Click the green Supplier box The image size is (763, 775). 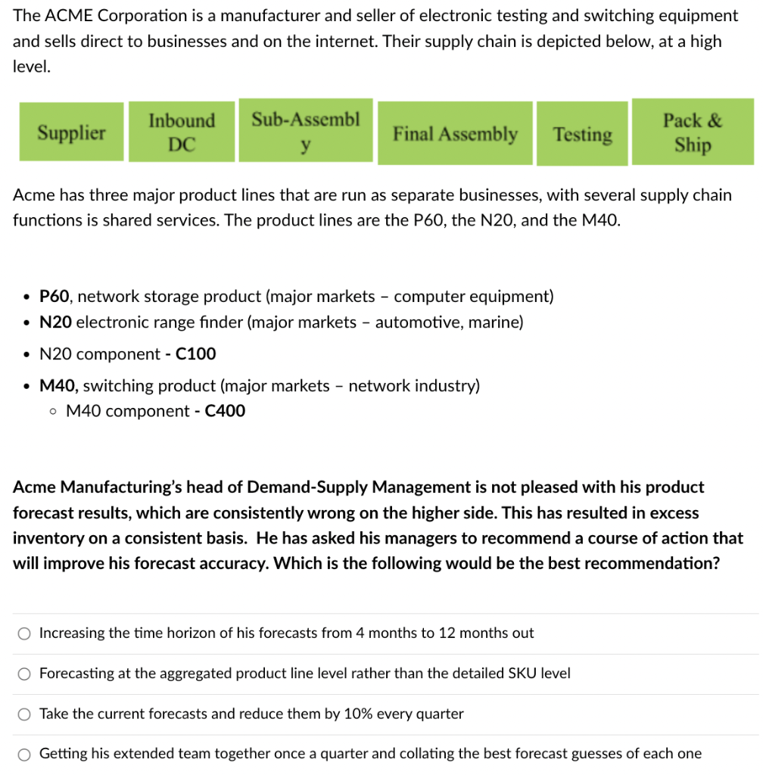tap(72, 132)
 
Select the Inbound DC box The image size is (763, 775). tap(182, 132)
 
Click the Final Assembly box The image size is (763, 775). tap(455, 134)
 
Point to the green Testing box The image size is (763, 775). tap(582, 134)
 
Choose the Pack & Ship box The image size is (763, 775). tap(693, 132)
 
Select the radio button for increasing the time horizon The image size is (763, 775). tap(25, 633)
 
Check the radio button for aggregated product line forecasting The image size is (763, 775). tap(25, 674)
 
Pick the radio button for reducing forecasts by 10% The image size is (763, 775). tap(25, 714)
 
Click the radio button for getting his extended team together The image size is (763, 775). tap(25, 754)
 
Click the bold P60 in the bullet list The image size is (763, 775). tap(54, 297)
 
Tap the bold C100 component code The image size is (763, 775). tap(195, 353)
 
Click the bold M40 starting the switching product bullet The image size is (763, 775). tap(57, 386)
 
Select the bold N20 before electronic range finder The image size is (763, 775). tap(56, 322)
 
